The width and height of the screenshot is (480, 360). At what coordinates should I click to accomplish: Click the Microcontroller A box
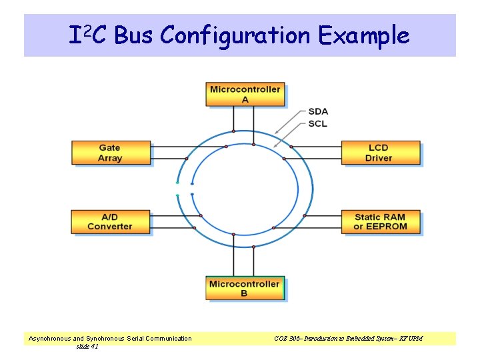245,94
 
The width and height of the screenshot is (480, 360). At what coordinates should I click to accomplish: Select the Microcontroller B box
245,289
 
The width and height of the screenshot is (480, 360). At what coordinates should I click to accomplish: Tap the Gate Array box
111,153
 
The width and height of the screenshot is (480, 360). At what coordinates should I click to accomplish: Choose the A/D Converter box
110,221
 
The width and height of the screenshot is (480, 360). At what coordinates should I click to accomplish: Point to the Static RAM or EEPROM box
380,221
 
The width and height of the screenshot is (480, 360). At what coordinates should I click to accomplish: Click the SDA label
318,112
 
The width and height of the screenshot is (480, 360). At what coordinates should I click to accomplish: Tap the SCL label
318,123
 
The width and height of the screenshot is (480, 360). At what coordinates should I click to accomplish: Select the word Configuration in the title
236,35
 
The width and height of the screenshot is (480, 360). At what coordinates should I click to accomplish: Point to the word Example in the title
363,35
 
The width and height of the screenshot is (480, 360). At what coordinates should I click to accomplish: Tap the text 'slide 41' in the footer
87,346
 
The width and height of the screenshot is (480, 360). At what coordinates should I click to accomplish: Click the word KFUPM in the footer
411,339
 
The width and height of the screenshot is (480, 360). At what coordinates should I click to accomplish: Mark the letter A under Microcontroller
245,99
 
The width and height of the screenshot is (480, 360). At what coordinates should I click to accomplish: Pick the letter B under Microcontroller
245,294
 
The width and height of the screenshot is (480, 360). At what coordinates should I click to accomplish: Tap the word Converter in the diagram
110,227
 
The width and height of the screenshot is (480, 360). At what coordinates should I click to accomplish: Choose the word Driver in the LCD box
379,158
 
